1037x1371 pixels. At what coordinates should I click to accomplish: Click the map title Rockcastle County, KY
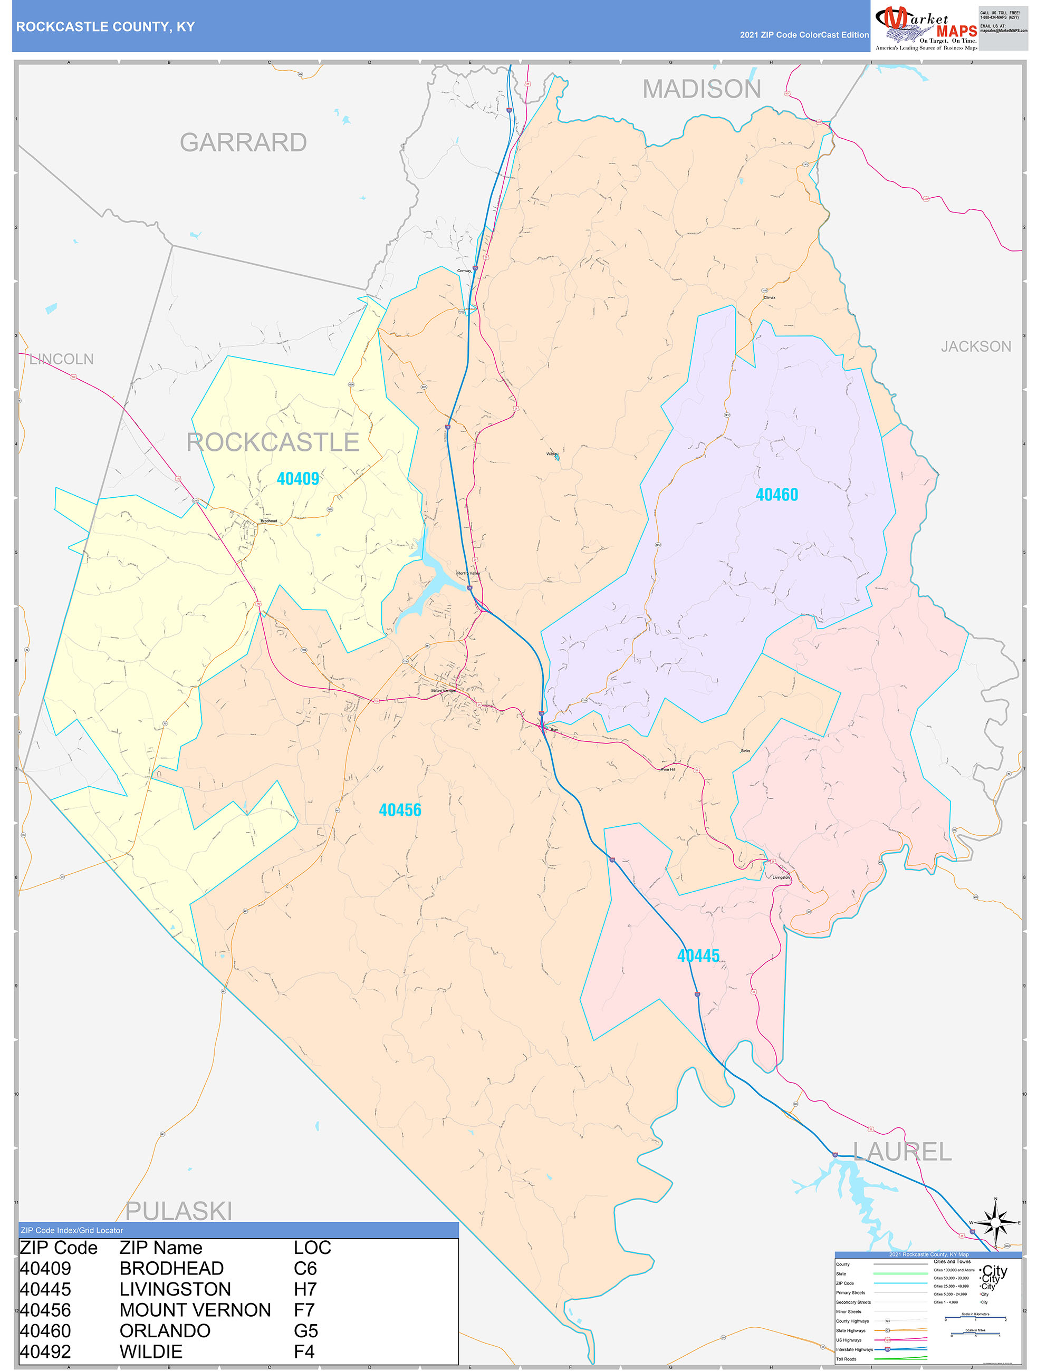click(105, 27)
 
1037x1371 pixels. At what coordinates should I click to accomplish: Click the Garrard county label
click(243, 142)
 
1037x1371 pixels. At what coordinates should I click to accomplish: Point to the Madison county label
click(701, 89)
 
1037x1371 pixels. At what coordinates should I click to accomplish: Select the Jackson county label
click(976, 346)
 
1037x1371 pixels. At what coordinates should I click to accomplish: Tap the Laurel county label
click(902, 1152)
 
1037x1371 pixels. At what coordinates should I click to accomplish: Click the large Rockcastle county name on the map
click(273, 442)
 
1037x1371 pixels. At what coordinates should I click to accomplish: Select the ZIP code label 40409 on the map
click(297, 478)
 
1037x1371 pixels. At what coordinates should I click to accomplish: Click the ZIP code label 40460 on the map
click(776, 495)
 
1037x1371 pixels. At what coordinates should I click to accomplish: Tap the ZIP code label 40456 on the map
click(400, 810)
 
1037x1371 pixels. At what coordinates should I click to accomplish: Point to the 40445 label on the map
click(698, 955)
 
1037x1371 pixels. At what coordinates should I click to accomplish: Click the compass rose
click(995, 1222)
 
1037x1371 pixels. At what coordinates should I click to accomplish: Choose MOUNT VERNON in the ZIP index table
click(195, 1310)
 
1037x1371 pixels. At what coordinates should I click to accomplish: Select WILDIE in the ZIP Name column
click(151, 1351)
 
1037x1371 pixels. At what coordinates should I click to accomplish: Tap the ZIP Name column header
click(160, 1248)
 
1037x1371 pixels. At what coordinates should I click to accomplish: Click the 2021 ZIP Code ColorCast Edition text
click(804, 35)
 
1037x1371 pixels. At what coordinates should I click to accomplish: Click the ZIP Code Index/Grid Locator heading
click(72, 1230)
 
